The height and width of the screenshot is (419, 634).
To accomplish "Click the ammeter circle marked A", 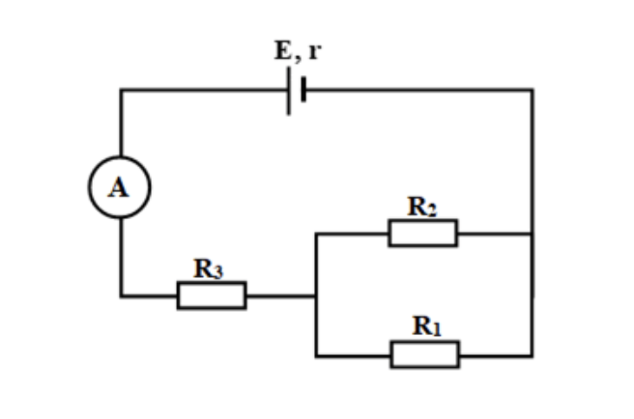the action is pos(120,156).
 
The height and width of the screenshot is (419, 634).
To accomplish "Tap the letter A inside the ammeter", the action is pos(119,188).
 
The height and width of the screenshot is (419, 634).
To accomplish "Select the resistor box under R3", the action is pos(212,282).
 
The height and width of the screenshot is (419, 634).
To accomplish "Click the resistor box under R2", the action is pos(423,220).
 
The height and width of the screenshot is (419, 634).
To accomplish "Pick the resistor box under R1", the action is pos(424,342).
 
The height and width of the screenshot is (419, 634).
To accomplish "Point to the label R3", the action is pos(208,268).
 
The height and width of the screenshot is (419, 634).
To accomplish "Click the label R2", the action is pos(421,207).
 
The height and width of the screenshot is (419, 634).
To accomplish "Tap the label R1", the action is pos(426,326).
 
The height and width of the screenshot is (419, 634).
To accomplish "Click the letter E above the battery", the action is pos(282,50).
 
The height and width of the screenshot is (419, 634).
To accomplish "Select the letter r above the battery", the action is pos(315,52).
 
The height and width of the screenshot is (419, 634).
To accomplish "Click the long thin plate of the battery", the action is pos(289,91).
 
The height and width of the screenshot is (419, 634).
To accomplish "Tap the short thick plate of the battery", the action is pos(303,89).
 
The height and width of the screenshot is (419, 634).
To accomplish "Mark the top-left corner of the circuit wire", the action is pos(122,90).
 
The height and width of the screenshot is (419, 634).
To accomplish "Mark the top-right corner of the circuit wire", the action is pos(533,90).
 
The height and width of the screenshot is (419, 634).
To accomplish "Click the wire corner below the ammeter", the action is pos(122,296).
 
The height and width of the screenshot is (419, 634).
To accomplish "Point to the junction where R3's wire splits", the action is pos(316,296).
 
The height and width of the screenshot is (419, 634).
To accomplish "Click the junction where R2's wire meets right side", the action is pos(533,234).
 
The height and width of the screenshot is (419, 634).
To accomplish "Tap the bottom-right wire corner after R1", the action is pos(533,356).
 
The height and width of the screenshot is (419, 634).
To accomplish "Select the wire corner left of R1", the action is pos(316,356).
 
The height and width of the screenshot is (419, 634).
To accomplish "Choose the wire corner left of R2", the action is pos(316,234).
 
